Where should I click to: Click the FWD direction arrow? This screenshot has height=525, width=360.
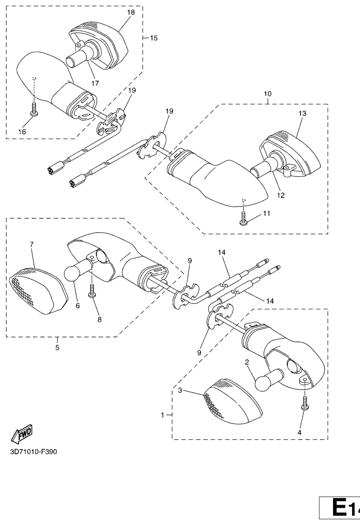pyautogui.click(x=22, y=433)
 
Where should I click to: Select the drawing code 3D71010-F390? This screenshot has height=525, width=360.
pyautogui.click(x=33, y=451)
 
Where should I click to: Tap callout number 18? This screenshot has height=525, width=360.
pyautogui.click(x=131, y=13)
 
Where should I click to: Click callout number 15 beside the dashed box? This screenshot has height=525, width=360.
pyautogui.click(x=153, y=38)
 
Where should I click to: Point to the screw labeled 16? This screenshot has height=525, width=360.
pyautogui.click(x=34, y=109)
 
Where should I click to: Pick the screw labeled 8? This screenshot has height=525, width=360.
pyautogui.click(x=92, y=290)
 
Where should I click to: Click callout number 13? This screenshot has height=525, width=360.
pyautogui.click(x=302, y=114)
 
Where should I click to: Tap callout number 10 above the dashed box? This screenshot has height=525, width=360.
pyautogui.click(x=267, y=94)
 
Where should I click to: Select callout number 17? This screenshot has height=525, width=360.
pyautogui.click(x=95, y=83)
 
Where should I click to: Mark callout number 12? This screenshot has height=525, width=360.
pyautogui.click(x=281, y=195)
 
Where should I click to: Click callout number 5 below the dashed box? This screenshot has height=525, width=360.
pyautogui.click(x=57, y=348)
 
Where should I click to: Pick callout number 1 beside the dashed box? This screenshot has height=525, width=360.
pyautogui.click(x=163, y=415)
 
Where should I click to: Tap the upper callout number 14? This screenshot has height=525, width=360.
pyautogui.click(x=221, y=252)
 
